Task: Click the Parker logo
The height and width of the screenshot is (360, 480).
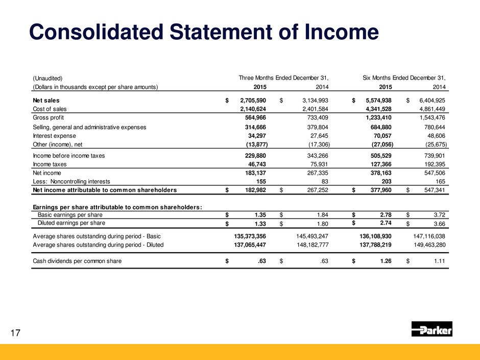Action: click(431, 330)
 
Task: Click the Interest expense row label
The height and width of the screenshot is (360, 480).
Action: click(55, 136)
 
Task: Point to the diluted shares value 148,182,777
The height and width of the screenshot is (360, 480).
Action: click(303, 245)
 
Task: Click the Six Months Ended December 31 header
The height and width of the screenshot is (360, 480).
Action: click(404, 78)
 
